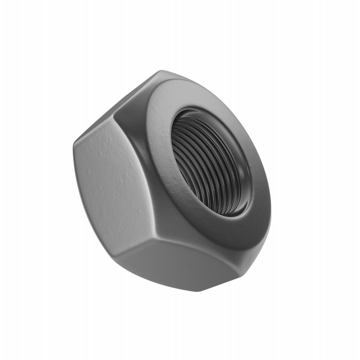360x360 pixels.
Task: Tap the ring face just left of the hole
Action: pyautogui.click(x=160, y=150)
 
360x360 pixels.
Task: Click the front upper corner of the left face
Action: pyautogui.click(x=115, y=115)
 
